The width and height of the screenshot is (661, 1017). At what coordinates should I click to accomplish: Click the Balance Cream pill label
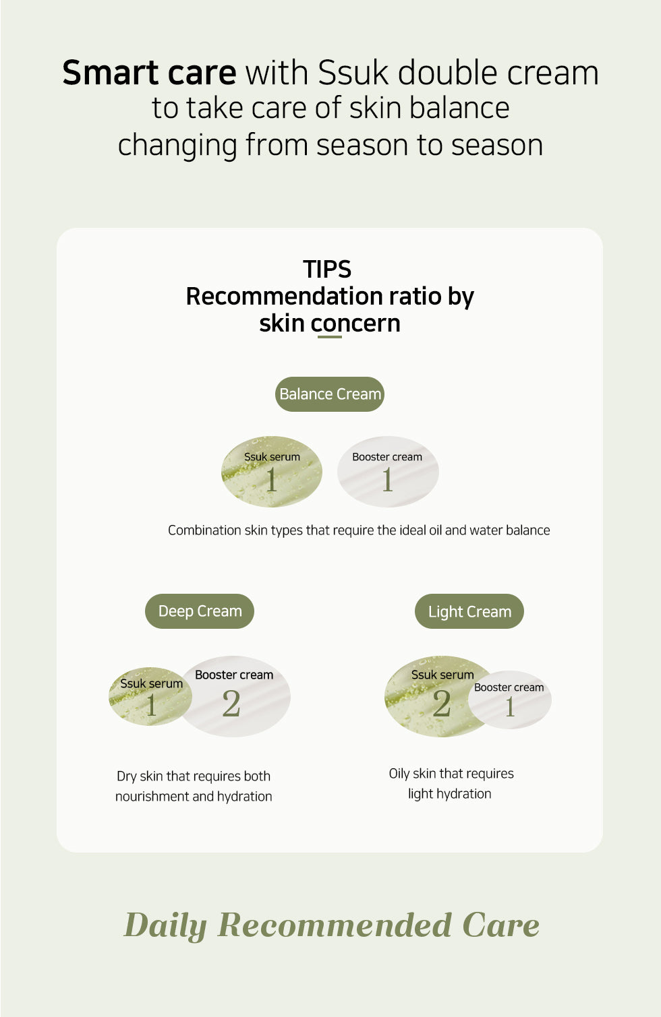coord(329,394)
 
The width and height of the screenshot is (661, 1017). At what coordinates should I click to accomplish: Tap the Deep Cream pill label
coord(200,611)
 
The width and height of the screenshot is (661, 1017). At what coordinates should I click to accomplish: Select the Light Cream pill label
coord(469,611)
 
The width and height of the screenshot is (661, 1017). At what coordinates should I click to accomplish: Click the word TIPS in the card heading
coord(327,269)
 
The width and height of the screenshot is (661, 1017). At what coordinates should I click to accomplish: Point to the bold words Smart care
coord(150,73)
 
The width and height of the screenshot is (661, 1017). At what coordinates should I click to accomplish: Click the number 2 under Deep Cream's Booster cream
coord(231,704)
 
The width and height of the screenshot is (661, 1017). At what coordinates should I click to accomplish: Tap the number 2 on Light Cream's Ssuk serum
coord(442,704)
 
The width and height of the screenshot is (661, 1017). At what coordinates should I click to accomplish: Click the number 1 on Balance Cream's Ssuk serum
coord(271,480)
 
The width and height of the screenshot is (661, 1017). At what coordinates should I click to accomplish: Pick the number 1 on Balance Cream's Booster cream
coord(387,480)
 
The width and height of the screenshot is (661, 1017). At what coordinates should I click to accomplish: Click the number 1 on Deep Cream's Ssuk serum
coord(151,705)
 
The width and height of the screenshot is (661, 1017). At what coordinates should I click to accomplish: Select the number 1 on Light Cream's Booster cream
coord(510,707)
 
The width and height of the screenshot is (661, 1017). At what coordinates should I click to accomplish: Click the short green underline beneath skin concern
coord(329,337)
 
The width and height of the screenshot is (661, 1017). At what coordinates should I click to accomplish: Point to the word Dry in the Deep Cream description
coord(127,776)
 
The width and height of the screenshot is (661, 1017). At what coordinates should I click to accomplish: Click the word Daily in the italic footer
coord(165,925)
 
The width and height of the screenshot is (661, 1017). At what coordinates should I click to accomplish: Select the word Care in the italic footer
coord(501,925)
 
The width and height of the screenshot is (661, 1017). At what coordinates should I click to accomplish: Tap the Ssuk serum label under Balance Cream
coord(272,457)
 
